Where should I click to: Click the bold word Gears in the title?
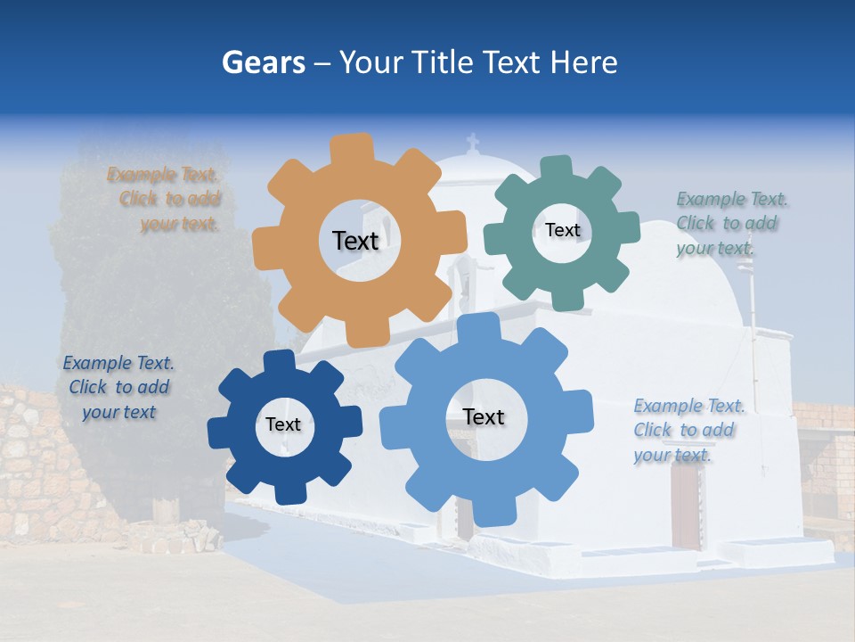click(x=262, y=62)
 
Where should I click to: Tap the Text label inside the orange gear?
click(x=355, y=241)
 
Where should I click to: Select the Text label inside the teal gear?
click(x=562, y=230)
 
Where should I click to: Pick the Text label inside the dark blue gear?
click(x=283, y=425)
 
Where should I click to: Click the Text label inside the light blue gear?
click(x=484, y=417)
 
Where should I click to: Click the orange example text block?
click(x=164, y=200)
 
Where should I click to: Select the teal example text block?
click(x=732, y=224)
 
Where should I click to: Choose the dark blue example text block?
click(x=118, y=388)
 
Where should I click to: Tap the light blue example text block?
click(x=688, y=431)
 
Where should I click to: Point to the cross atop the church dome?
click(x=473, y=143)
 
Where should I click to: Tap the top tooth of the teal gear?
click(x=556, y=167)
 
